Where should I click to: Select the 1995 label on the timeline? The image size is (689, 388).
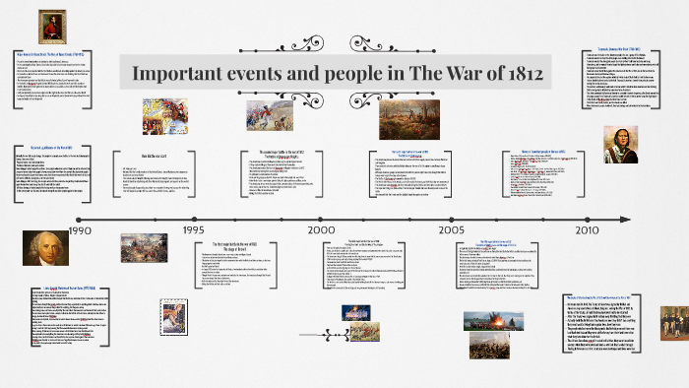(193, 229)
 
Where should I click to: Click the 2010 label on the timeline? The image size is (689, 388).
(587, 229)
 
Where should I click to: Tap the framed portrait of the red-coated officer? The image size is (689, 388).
(47, 27)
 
